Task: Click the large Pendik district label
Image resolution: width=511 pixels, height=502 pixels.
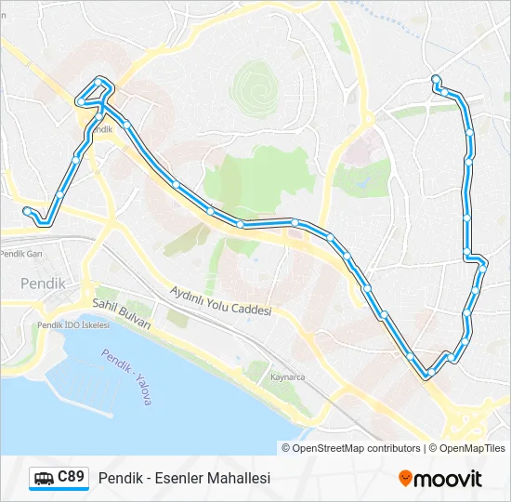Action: click(43, 283)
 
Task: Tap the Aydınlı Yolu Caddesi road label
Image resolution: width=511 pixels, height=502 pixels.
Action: click(220, 301)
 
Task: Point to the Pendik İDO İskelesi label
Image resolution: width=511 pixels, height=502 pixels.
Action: click(72, 325)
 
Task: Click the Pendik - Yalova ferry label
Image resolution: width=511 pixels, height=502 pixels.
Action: click(126, 376)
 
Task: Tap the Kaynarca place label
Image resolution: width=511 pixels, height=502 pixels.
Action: click(287, 377)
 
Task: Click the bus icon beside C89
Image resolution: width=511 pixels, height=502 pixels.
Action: click(43, 479)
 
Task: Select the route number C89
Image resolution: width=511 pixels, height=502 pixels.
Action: click(72, 478)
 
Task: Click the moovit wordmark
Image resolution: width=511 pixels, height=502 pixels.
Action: click(448, 479)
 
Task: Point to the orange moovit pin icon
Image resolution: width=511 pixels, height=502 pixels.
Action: click(405, 479)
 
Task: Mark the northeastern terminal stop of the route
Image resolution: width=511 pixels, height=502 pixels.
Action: click(435, 78)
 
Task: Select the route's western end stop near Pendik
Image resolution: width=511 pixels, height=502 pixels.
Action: click(26, 210)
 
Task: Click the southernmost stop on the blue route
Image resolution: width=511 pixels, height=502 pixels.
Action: click(427, 375)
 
